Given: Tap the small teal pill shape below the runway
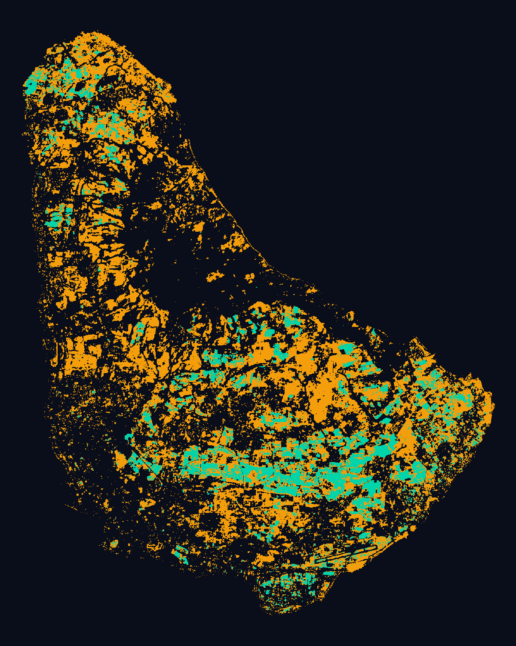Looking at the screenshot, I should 329,573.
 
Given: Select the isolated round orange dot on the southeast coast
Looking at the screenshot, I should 413,528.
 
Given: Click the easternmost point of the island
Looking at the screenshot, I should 493,405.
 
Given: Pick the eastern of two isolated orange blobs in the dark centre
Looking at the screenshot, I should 249,278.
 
